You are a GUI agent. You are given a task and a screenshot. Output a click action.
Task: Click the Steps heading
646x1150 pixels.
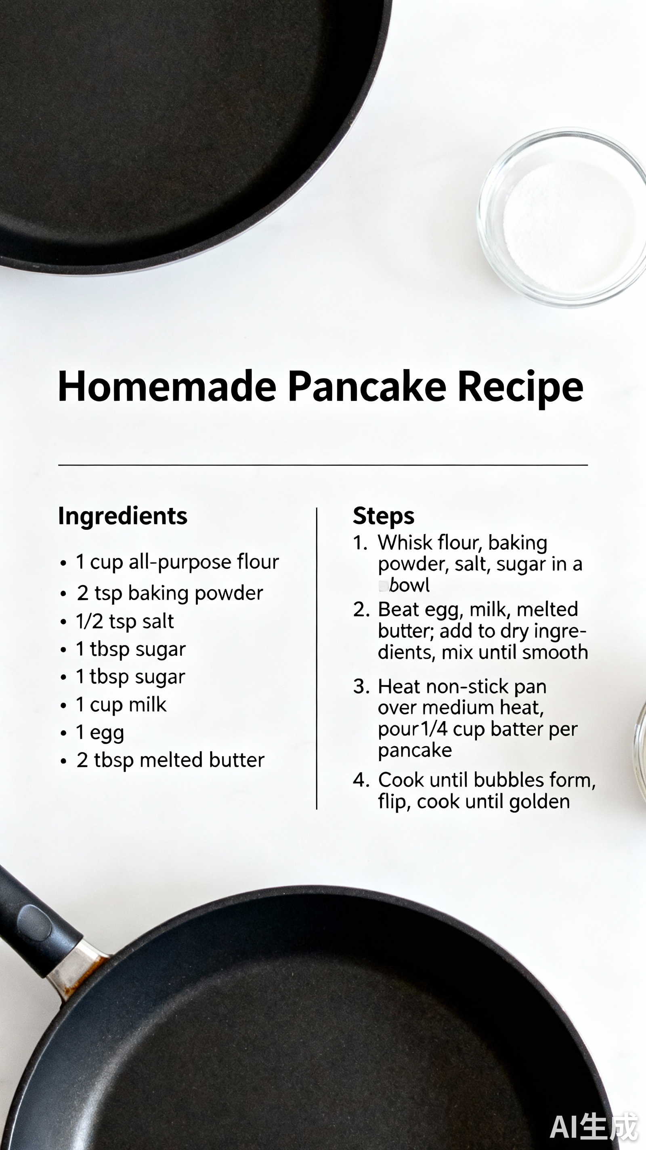click(x=384, y=516)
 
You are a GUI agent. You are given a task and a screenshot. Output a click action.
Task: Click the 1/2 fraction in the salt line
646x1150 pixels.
click(x=89, y=621)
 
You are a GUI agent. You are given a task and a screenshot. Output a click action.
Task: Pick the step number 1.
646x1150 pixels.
click(x=359, y=543)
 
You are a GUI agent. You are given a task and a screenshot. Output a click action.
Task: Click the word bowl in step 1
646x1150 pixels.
click(x=409, y=585)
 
